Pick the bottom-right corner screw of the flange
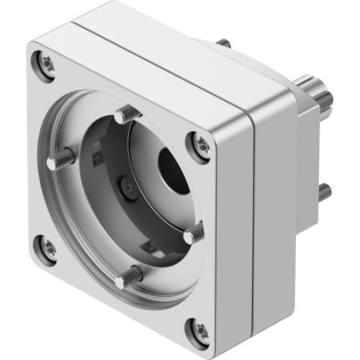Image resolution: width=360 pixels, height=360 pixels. tap(199, 329)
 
